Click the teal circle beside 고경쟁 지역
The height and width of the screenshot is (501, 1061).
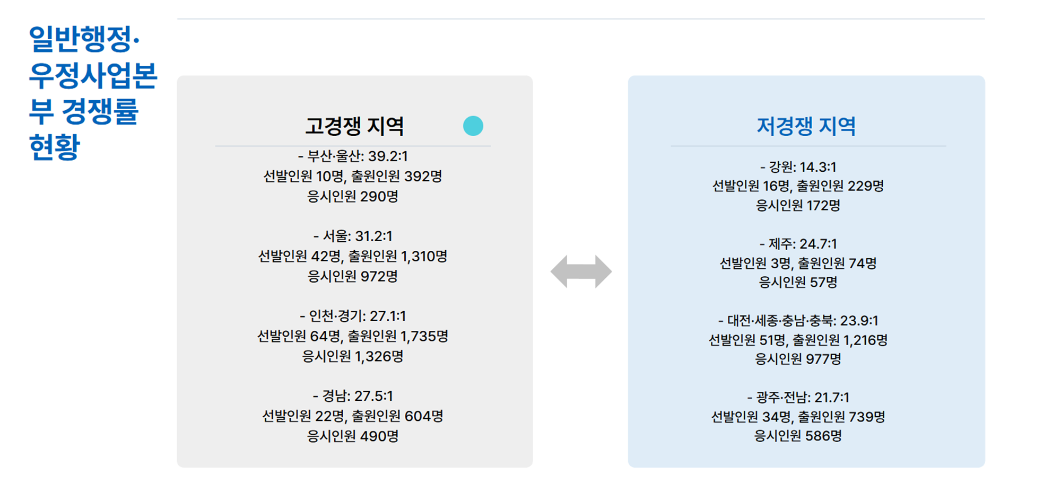click(x=473, y=126)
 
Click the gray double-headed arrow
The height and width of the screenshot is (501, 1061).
click(x=581, y=271)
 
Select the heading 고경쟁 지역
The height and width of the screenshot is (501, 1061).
click(x=354, y=126)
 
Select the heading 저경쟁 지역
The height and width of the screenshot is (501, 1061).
click(x=806, y=126)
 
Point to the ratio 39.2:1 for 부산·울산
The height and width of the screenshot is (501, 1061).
click(x=388, y=156)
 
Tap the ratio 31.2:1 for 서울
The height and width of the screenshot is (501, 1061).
click(x=373, y=236)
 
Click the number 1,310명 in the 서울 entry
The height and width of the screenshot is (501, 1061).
click(x=424, y=257)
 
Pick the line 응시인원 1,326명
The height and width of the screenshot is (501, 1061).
click(x=353, y=356)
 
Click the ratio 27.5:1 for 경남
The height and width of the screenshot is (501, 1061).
click(x=373, y=396)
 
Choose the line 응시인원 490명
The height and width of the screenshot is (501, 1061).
click(x=353, y=436)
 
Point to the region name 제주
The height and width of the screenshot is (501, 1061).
click(x=780, y=244)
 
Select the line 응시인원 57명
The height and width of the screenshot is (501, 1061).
click(x=798, y=283)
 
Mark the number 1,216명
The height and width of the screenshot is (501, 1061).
click(x=865, y=340)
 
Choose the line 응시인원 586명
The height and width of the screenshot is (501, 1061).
click(x=798, y=436)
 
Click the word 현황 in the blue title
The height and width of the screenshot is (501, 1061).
click(x=54, y=147)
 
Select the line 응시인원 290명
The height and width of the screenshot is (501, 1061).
click(x=353, y=197)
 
